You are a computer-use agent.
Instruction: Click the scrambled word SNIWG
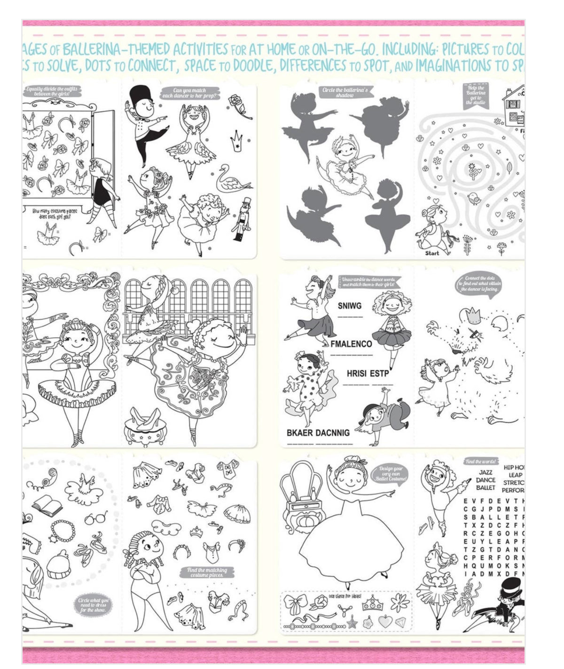(350, 306)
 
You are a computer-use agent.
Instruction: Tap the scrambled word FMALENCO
(351, 344)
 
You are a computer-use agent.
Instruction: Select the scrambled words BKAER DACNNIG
(318, 432)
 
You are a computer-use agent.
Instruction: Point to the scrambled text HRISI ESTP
(368, 374)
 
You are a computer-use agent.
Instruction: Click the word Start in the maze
(431, 253)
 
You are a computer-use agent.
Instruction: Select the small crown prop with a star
(237, 140)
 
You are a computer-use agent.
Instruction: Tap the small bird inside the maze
(475, 199)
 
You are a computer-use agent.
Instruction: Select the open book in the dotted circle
(47, 505)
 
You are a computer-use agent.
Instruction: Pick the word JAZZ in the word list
(486, 472)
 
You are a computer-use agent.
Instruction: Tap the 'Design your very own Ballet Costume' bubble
(389, 473)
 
